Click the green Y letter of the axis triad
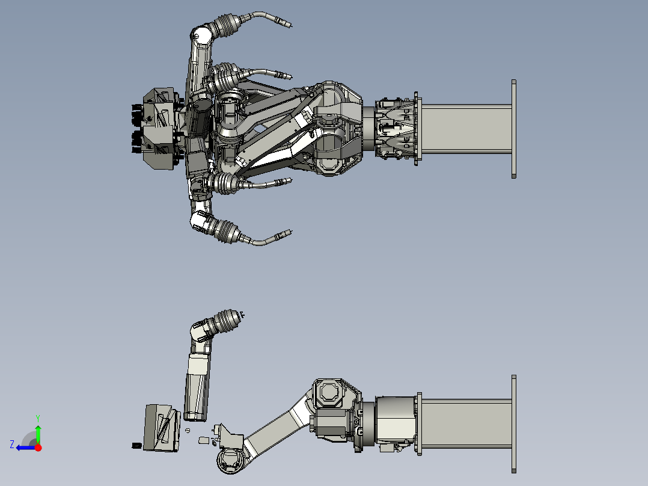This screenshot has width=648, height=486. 38,418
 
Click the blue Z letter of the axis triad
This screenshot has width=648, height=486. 12,444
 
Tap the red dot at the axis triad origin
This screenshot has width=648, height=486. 38,448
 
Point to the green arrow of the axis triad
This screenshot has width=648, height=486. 38,434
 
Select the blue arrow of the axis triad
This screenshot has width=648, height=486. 26,448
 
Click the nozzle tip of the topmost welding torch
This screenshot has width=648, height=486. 290,25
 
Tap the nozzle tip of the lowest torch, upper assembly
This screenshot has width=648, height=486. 290,232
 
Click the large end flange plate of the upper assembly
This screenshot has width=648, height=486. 514,129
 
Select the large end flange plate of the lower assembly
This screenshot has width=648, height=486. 514,424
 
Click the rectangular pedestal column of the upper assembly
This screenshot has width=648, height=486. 466,129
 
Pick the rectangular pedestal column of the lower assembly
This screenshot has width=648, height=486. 466,423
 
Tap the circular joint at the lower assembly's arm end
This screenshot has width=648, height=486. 230,460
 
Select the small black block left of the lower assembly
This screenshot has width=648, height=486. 137,446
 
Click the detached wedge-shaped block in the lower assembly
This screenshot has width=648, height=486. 162,428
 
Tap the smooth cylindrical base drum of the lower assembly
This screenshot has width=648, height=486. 396,420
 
